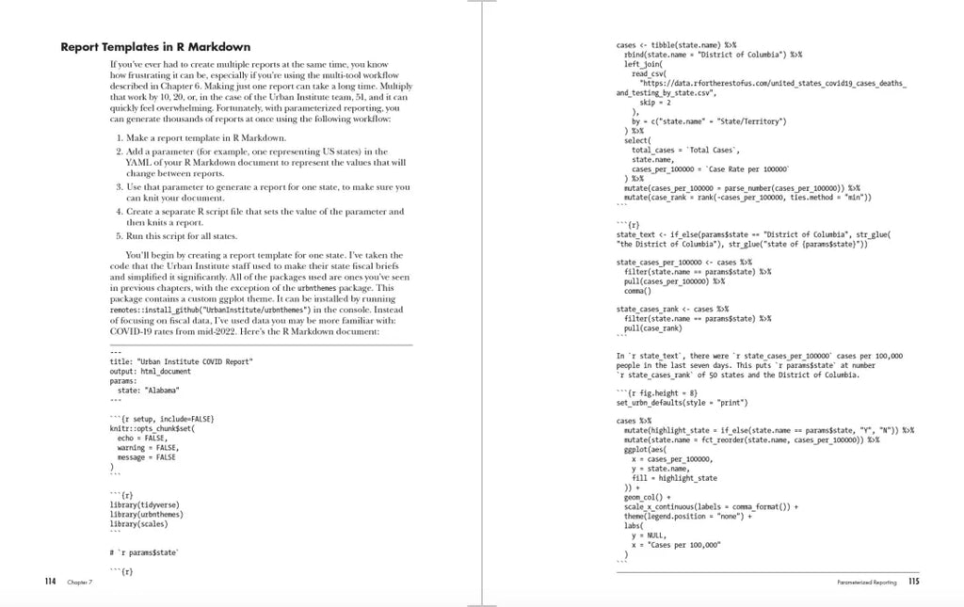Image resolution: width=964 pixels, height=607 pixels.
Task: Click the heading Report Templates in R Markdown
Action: pos(155,47)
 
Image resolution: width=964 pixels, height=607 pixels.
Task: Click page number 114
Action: pos(51,582)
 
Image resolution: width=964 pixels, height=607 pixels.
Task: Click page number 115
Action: pos(913,582)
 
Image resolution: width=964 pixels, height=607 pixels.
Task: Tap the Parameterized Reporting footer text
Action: pos(866,583)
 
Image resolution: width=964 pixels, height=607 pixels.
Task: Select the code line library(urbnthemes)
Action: pos(146,515)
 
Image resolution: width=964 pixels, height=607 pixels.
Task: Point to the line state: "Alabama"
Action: pos(148,390)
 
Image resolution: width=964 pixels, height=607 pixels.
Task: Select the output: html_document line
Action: pos(151,372)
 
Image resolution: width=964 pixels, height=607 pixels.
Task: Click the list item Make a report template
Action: pos(200,138)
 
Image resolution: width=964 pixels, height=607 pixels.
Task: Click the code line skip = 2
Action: pos(660,103)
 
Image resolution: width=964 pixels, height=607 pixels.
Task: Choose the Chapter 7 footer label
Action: pos(80,583)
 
